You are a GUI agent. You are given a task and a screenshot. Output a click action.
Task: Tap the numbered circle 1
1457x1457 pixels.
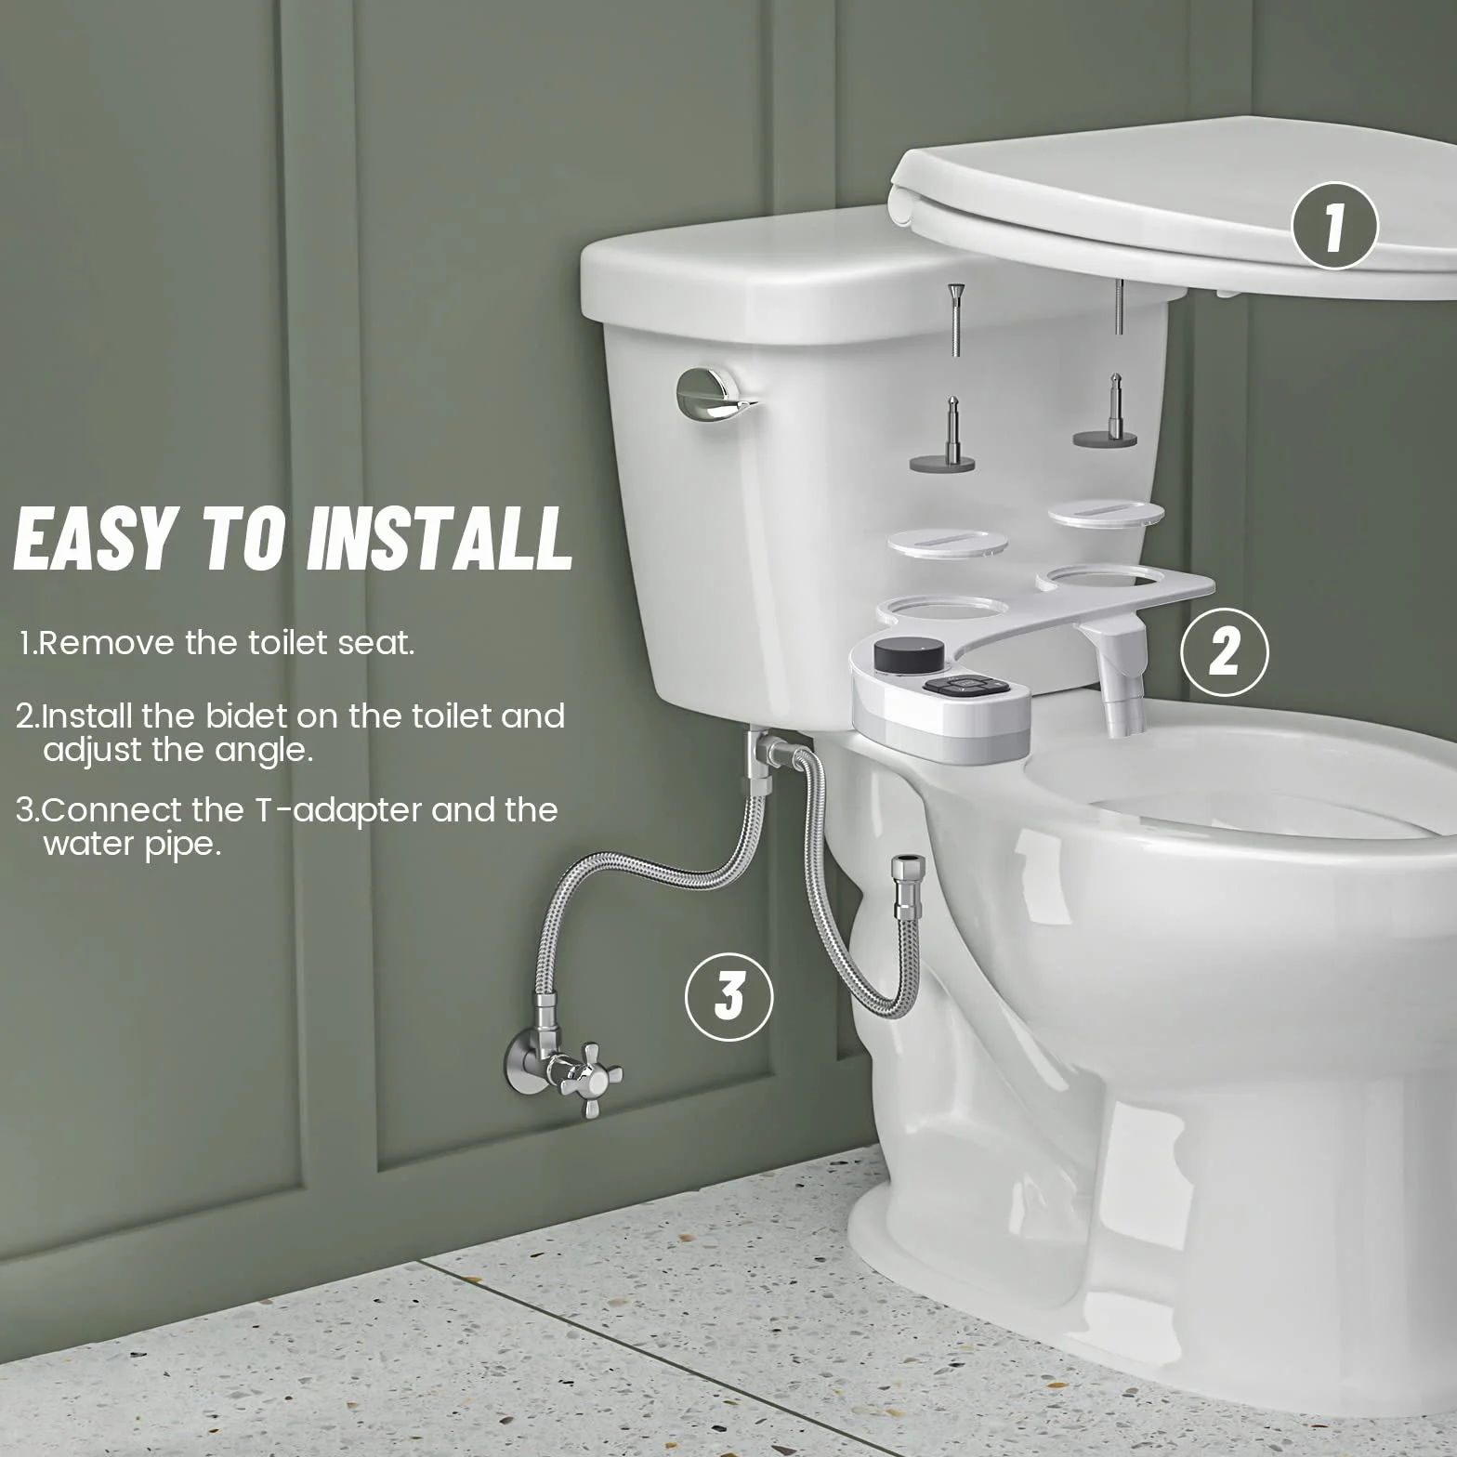1335,226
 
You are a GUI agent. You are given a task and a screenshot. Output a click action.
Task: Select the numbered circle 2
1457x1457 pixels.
1224,651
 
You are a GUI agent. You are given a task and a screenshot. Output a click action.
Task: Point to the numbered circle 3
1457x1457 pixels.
729,997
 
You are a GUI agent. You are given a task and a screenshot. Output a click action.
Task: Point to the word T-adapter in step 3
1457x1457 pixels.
338,810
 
